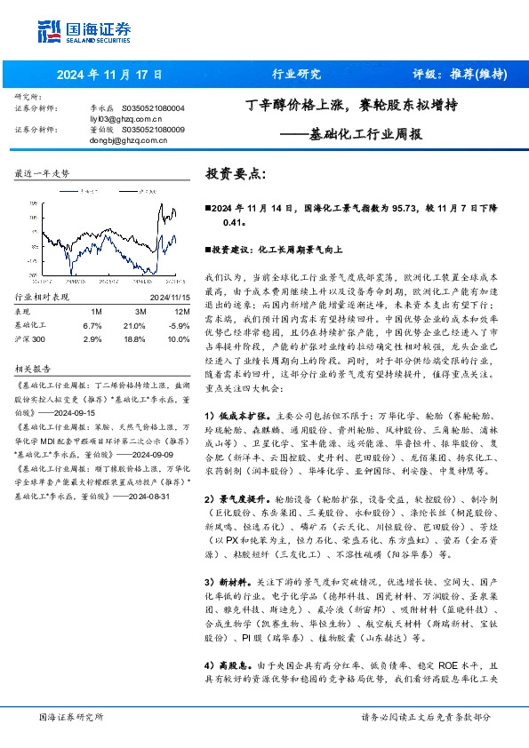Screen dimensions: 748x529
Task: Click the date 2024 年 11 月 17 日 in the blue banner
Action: (109, 75)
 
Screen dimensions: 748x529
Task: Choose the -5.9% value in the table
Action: (178, 325)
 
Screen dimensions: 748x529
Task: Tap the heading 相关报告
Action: (34, 367)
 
